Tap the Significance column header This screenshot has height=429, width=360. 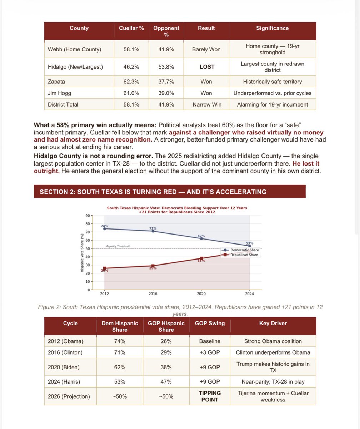[x=272, y=28]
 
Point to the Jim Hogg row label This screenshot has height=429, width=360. [x=60, y=93]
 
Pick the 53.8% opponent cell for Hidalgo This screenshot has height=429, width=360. [x=166, y=67]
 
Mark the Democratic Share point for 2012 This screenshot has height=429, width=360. [x=105, y=228]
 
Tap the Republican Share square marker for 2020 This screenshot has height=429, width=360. [x=201, y=258]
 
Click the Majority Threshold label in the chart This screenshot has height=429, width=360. [x=118, y=246]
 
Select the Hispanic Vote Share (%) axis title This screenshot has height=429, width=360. [x=82, y=252]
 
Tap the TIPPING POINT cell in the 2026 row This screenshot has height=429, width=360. [x=210, y=396]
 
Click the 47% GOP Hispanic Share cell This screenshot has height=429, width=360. [x=166, y=381]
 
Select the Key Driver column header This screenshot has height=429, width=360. [x=273, y=323]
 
